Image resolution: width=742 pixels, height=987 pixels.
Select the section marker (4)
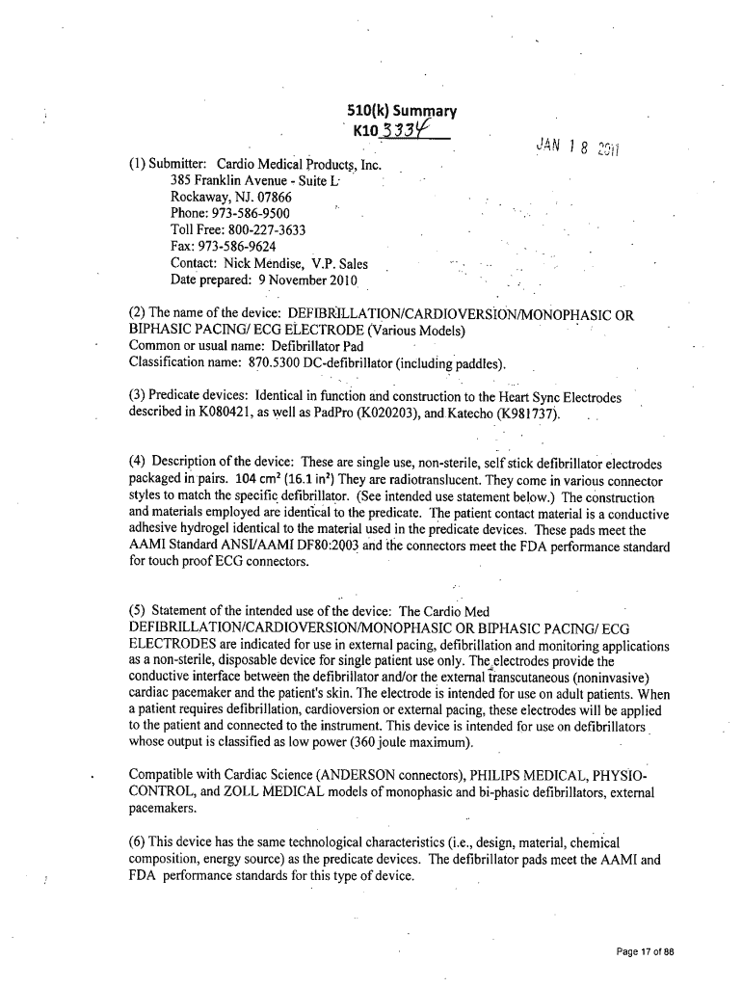pyautogui.click(x=139, y=464)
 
